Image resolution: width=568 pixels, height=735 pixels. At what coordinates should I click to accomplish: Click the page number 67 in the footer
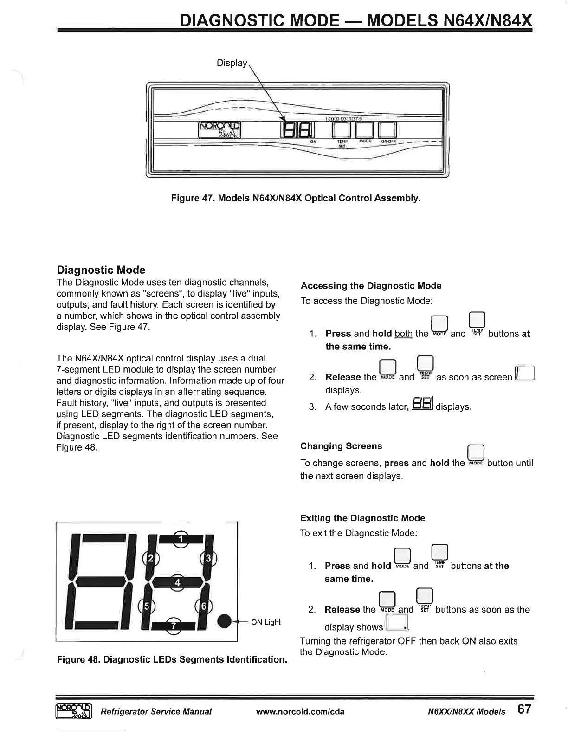pos(524,709)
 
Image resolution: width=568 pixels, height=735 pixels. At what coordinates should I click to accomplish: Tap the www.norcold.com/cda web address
pos(300,711)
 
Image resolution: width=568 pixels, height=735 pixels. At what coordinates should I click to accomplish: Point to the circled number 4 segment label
pos(177,582)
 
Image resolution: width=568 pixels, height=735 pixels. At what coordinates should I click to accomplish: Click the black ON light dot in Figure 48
pos(225,622)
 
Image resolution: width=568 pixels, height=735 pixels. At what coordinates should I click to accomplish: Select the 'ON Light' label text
pos(265,622)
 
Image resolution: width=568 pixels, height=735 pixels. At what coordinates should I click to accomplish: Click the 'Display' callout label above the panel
pos(232,63)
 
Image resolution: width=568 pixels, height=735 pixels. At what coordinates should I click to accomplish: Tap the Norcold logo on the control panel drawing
pos(219,130)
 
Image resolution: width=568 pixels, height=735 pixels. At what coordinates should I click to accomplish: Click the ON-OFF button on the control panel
pos(387,130)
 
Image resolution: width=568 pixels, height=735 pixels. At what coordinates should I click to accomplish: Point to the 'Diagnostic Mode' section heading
pos(101,270)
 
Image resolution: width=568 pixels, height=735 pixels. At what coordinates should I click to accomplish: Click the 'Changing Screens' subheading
pos(341,446)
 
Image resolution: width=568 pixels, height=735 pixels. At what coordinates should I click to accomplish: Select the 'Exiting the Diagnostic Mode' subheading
pos(362,518)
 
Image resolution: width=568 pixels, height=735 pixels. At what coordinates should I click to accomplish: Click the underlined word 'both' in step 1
pos(403,334)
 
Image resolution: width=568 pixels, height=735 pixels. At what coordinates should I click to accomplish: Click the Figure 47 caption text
pos(296,199)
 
